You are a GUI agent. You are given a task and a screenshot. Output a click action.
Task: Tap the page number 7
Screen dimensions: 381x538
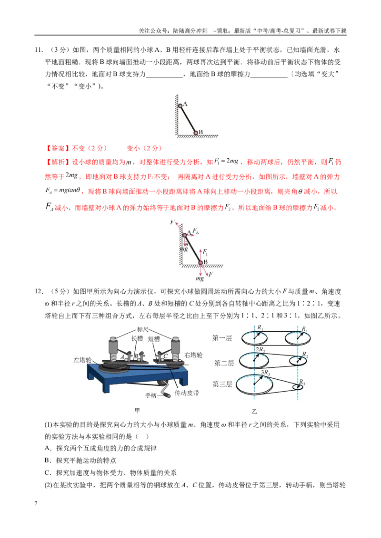(36, 503)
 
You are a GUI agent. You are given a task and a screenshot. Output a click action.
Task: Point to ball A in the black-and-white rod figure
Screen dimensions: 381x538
(180, 106)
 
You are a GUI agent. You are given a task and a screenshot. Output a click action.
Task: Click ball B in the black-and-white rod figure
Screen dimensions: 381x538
(196, 133)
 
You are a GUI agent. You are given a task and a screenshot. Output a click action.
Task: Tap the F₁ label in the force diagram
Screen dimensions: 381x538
(205, 252)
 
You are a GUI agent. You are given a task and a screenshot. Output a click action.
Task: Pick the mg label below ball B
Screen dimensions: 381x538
(200, 278)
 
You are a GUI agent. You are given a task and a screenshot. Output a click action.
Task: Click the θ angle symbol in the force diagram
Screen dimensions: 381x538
(186, 244)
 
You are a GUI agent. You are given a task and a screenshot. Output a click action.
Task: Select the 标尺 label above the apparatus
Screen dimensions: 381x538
(142, 329)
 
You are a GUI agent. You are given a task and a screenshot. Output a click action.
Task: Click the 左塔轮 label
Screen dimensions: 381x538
(82, 360)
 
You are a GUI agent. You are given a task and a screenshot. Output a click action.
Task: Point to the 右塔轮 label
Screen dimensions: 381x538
(193, 355)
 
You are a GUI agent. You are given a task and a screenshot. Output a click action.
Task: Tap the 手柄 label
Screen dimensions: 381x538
(151, 395)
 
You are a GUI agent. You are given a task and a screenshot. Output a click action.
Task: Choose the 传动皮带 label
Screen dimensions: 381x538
(187, 393)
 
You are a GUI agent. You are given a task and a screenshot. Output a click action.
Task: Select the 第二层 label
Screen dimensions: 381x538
(224, 363)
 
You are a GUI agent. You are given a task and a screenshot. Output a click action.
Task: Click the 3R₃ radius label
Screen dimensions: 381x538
(265, 372)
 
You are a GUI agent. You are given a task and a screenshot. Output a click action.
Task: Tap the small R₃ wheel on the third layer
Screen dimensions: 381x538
(298, 387)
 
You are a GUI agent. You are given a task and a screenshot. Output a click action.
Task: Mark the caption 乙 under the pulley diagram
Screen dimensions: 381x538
(254, 411)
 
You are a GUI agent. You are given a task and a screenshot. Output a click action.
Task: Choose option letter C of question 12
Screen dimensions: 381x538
(47, 472)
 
